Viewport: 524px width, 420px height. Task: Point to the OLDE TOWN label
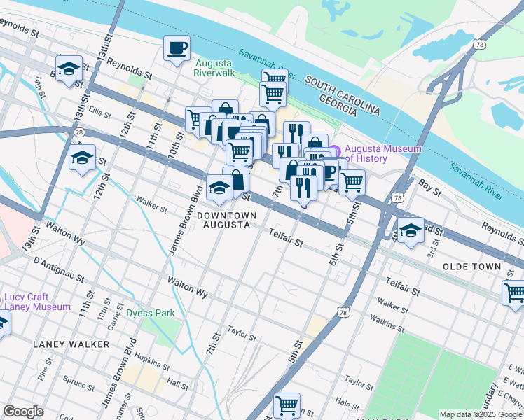[x=472, y=267]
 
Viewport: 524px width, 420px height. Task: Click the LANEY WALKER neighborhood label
[x=71, y=344]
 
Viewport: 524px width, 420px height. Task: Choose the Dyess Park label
[x=150, y=314]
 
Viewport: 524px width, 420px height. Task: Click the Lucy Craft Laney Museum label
[x=36, y=302]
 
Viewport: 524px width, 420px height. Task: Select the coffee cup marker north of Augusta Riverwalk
[x=177, y=48]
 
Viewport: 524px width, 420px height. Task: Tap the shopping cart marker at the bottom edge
[x=287, y=405]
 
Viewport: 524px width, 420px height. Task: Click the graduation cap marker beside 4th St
[x=411, y=229]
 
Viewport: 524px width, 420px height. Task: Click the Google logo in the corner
[x=23, y=412]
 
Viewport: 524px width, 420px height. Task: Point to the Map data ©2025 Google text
[x=481, y=414]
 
